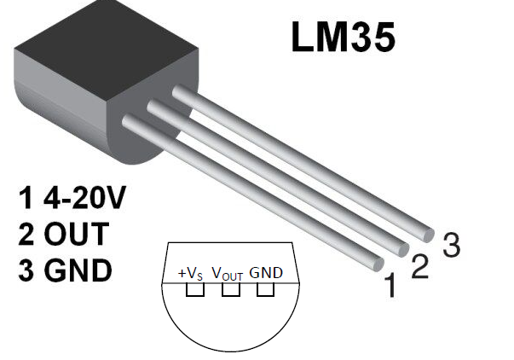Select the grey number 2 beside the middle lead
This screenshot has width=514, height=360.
[419, 266]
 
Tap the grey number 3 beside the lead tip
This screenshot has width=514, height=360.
[451, 246]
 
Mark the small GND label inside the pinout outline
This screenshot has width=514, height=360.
[266, 273]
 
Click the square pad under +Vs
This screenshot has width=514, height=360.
[195, 290]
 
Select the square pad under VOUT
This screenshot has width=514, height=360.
[228, 290]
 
